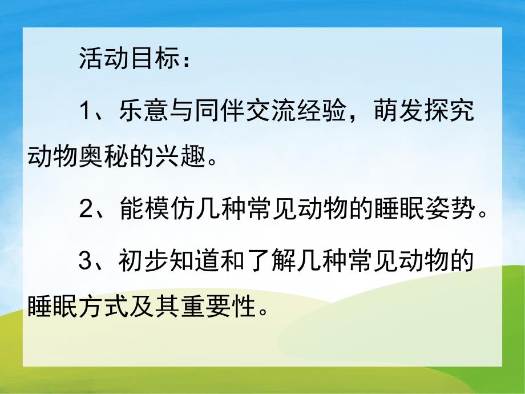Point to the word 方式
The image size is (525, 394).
104,309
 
